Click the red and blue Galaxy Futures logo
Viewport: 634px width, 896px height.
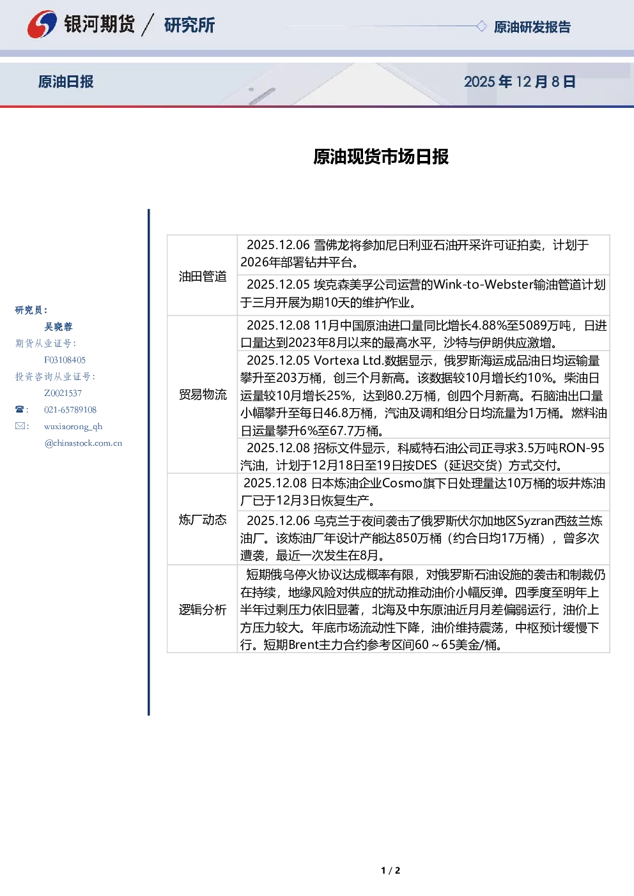(x=42, y=24)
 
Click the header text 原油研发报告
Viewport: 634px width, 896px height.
(x=532, y=27)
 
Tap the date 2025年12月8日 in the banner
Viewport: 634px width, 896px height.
(x=520, y=82)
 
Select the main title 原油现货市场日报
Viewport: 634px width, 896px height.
(x=381, y=156)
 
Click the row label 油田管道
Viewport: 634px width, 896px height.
(x=203, y=276)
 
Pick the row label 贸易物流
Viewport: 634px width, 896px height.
(x=203, y=395)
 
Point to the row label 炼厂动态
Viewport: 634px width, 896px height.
(x=203, y=519)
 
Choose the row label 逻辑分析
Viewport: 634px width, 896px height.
(x=203, y=610)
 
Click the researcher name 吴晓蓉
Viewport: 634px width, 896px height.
(x=58, y=327)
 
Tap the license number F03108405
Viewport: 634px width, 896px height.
(x=65, y=360)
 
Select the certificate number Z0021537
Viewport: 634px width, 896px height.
(x=63, y=393)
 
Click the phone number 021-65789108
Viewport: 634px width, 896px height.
(x=70, y=409)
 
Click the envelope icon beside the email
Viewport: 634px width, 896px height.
(x=20, y=425)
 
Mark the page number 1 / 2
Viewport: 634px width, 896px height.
(x=390, y=870)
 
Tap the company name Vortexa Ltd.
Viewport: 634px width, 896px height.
(x=348, y=360)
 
